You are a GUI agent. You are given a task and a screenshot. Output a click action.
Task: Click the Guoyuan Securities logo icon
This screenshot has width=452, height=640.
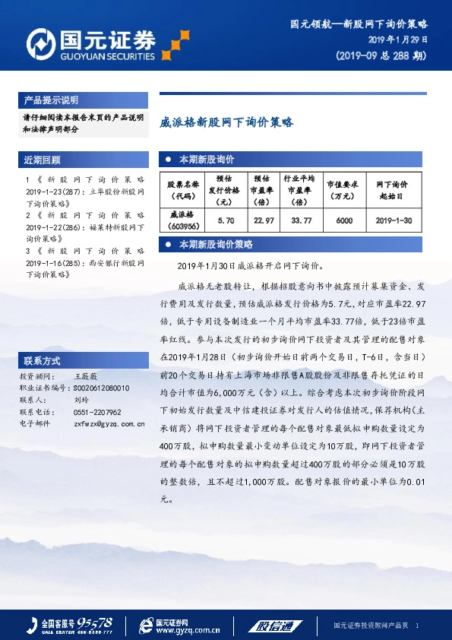(x=39, y=44)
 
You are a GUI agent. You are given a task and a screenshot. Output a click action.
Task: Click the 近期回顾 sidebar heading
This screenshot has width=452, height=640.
(x=43, y=160)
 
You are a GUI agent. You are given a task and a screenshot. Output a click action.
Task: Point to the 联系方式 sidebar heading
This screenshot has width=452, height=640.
(x=43, y=359)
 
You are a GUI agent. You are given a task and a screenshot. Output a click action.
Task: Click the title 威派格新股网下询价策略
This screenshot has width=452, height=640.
(x=226, y=121)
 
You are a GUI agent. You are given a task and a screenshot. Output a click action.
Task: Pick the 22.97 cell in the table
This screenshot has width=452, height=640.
(x=264, y=219)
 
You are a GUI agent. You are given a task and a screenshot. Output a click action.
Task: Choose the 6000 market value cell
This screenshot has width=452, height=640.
(x=344, y=219)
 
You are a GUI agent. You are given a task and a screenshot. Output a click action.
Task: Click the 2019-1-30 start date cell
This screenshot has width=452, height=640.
(x=394, y=219)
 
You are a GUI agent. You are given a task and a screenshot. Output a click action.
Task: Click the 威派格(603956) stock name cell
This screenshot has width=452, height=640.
(x=182, y=219)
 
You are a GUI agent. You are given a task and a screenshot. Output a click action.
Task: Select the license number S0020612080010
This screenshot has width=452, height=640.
(x=102, y=388)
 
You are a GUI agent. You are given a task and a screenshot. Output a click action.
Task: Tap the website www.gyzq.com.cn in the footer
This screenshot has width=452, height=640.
(x=188, y=629)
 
